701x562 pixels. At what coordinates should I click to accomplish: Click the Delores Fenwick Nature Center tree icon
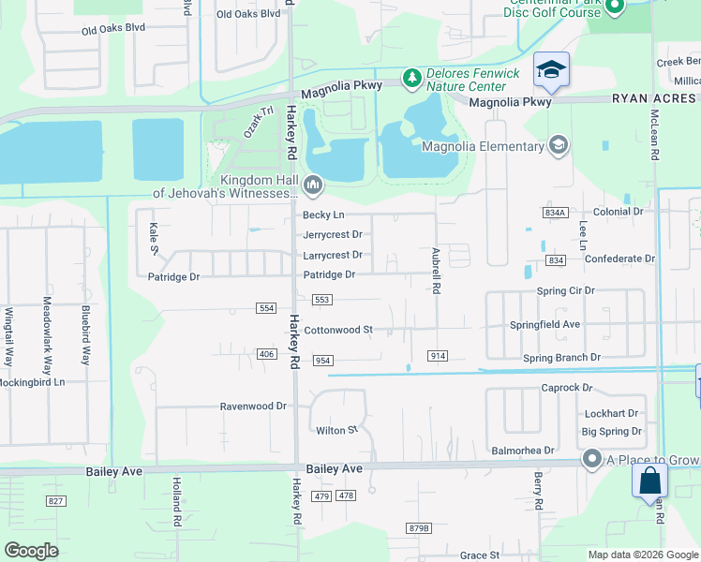[x=411, y=78]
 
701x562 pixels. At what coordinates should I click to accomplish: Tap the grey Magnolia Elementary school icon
[x=559, y=145]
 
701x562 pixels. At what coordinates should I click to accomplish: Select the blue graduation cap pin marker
[x=552, y=70]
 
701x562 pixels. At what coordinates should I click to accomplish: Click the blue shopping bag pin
[x=650, y=482]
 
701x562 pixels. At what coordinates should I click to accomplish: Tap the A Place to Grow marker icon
[x=591, y=459]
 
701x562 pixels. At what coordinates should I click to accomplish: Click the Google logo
[x=32, y=550]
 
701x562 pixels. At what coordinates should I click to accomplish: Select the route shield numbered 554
[x=266, y=308]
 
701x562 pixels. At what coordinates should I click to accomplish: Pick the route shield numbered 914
[x=437, y=356]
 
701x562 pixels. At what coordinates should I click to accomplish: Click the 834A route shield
[x=555, y=214]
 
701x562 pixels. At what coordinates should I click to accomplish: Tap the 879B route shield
[x=419, y=529]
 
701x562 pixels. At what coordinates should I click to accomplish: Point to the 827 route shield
[x=56, y=502]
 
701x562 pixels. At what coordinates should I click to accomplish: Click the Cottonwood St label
[x=338, y=330]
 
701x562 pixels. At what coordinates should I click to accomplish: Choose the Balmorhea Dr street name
[x=523, y=451]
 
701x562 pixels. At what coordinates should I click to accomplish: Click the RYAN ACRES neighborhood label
[x=656, y=97]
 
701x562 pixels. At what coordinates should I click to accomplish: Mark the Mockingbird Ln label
[x=33, y=382]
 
